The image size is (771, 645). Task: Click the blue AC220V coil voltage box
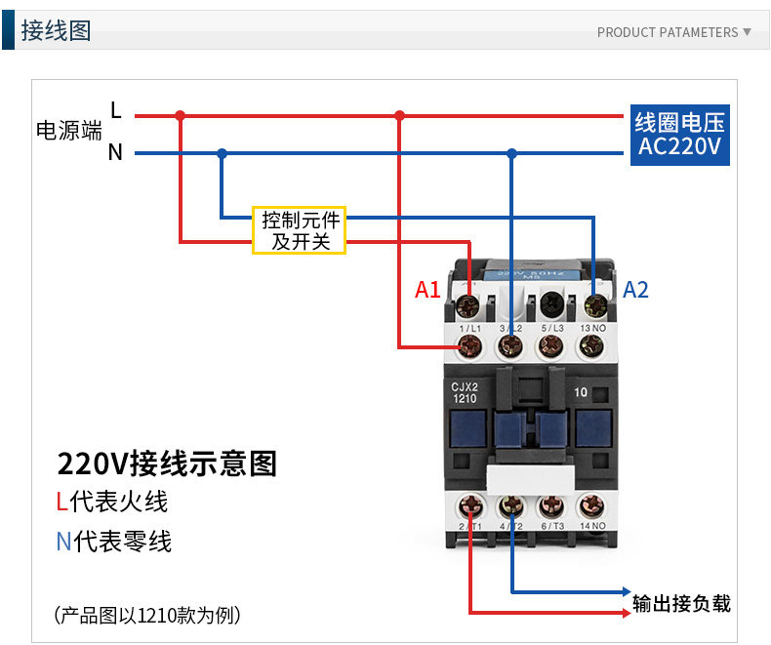[679, 135]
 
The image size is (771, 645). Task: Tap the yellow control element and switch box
[300, 229]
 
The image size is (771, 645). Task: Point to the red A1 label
[427, 290]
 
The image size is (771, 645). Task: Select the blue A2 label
[635, 290]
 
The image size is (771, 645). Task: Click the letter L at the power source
[115, 110]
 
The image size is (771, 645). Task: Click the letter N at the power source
[115, 153]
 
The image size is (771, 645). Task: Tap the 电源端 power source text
[68, 131]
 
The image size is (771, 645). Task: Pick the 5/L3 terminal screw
[551, 343]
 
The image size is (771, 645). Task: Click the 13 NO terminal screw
[591, 343]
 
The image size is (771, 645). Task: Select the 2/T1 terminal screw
[471, 505]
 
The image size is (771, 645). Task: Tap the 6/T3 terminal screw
[551, 505]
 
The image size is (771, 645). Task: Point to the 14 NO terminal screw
[591, 505]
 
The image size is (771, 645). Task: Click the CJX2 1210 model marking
[464, 391]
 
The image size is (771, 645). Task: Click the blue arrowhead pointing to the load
[626, 592]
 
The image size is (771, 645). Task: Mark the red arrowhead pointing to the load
[626, 613]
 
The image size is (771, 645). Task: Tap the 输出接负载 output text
[681, 603]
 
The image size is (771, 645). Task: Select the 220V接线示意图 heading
[167, 463]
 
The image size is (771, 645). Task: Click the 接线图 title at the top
[56, 31]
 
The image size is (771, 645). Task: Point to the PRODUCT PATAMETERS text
[668, 32]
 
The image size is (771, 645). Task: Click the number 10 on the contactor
[580, 393]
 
